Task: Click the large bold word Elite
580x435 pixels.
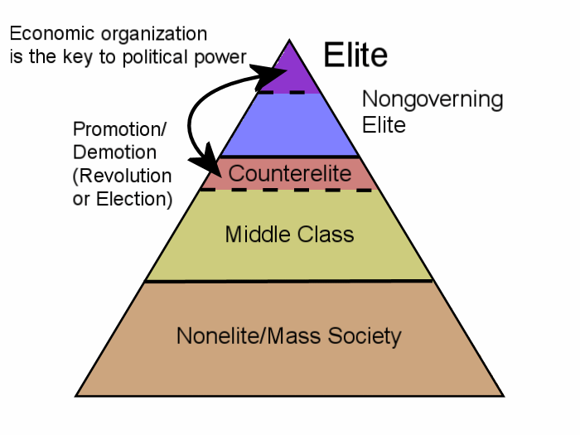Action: pos(355,55)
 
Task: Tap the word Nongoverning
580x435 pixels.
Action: pos(433,100)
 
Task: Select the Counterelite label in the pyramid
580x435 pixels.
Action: pos(290,173)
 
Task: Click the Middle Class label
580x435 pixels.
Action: pos(290,234)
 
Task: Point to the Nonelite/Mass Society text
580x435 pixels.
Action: pos(289,336)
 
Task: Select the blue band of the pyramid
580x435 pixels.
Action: pos(289,124)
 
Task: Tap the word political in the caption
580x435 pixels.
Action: pos(156,57)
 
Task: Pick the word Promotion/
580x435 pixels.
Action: pos(120,129)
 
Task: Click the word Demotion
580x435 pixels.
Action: pos(114,152)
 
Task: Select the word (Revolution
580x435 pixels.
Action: pos(123,176)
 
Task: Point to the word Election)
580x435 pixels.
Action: pos(134,199)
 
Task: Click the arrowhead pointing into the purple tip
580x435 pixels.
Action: pos(269,75)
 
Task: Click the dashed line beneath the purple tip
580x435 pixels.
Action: pos(282,93)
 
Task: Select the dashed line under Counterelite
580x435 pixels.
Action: pos(287,190)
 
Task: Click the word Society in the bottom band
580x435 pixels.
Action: pos(365,336)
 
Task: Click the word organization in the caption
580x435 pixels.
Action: pos(154,35)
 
